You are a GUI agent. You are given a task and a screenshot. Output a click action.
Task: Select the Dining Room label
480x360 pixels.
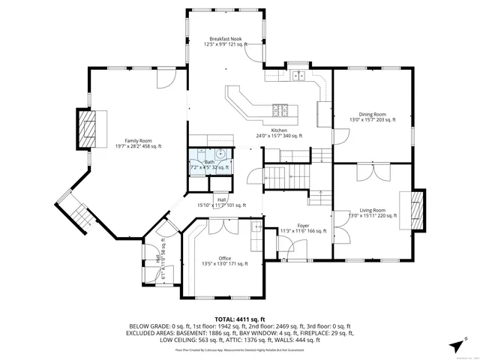click(372, 117)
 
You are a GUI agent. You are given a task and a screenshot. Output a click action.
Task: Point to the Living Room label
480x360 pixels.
click(372, 213)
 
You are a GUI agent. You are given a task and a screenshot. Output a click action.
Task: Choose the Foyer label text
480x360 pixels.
click(302, 228)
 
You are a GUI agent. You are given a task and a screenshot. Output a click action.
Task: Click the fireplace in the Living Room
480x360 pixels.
click(417, 208)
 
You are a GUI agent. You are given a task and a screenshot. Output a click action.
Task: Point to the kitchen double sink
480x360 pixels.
click(298, 75)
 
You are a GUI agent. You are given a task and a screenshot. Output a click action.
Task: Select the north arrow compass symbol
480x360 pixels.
click(456, 344)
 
